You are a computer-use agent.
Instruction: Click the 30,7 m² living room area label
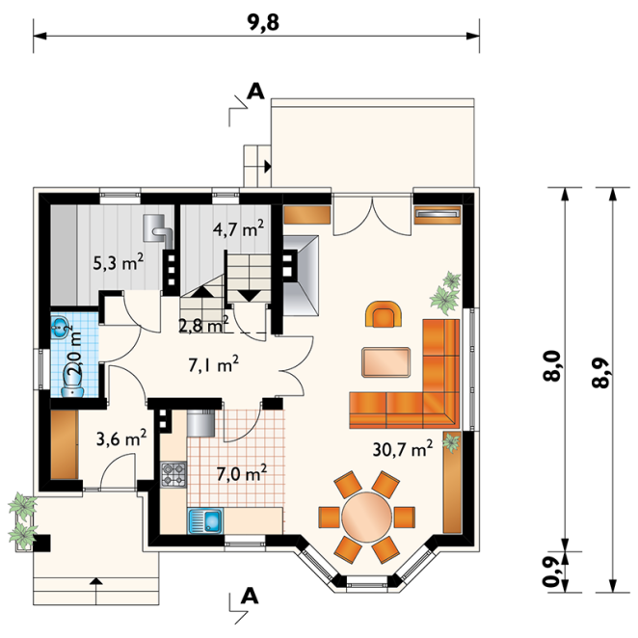(x=403, y=449)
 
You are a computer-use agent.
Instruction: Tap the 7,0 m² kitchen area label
(x=242, y=473)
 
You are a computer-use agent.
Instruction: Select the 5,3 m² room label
(x=118, y=262)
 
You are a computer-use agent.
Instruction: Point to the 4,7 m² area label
(x=238, y=229)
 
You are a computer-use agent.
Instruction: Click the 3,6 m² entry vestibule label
(x=121, y=439)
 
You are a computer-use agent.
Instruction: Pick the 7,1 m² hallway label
(x=213, y=364)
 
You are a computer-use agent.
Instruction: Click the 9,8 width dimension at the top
(x=263, y=23)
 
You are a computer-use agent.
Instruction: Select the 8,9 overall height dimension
(x=600, y=373)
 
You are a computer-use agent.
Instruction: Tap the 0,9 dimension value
(x=552, y=572)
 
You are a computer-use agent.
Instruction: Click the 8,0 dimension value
(x=552, y=366)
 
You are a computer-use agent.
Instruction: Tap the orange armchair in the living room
(x=385, y=314)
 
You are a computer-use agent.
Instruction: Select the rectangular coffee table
(x=385, y=362)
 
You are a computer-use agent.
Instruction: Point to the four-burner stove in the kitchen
(x=173, y=474)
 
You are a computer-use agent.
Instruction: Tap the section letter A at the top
(x=255, y=92)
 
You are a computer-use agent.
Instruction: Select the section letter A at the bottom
(x=250, y=597)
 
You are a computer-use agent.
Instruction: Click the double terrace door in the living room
(x=371, y=216)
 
